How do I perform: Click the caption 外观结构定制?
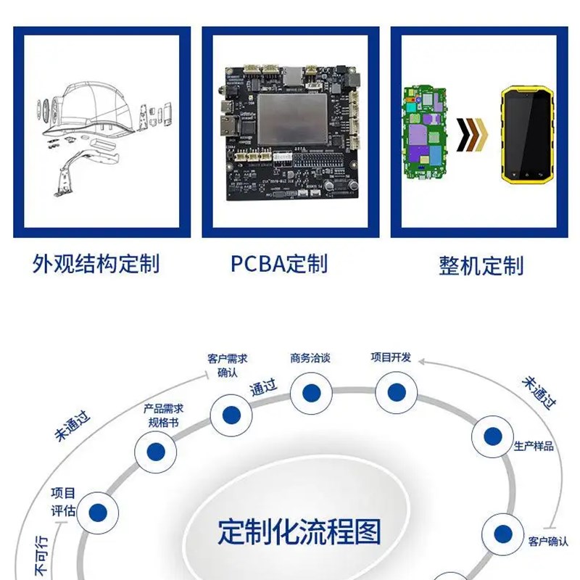pyautogui.click(x=96, y=263)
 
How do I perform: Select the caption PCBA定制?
pyautogui.click(x=279, y=263)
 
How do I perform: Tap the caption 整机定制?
pyautogui.click(x=481, y=265)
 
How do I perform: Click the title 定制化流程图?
pyautogui.click(x=299, y=533)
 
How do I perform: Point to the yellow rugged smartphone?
pyautogui.click(x=528, y=136)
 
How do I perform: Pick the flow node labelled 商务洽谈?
pyautogui.click(x=312, y=393)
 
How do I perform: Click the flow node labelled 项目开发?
pyautogui.click(x=396, y=392)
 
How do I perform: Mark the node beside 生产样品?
pyautogui.click(x=493, y=436)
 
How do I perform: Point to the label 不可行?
pyautogui.click(x=43, y=558)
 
